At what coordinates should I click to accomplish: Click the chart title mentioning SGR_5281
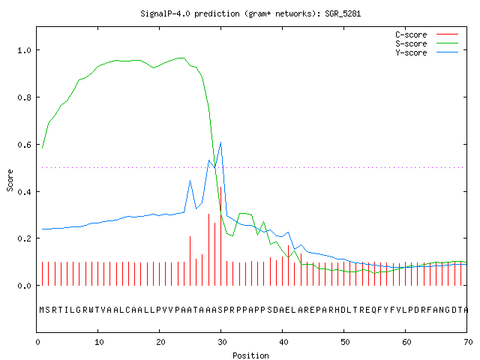click(x=250, y=13)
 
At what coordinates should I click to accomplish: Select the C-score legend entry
click(x=427, y=34)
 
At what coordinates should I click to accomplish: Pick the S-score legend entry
click(x=427, y=43)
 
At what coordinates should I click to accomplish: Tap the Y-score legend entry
click(x=427, y=52)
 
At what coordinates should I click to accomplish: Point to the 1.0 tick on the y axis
click(x=25, y=50)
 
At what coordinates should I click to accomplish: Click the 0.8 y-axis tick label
click(x=25, y=97)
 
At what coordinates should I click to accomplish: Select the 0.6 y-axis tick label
click(x=25, y=145)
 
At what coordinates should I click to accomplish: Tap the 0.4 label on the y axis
click(x=25, y=192)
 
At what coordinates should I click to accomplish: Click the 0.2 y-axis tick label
click(x=25, y=238)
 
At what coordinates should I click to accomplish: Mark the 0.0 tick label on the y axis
click(x=25, y=286)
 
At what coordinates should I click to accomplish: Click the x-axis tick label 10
click(x=99, y=342)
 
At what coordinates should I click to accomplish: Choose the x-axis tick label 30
click(x=222, y=342)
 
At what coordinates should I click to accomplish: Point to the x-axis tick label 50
click(x=345, y=342)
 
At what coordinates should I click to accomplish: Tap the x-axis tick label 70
click(x=468, y=342)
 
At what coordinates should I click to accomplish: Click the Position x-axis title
click(x=250, y=355)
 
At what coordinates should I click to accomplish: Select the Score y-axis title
click(x=10, y=180)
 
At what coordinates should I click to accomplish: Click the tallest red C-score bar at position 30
click(x=220, y=236)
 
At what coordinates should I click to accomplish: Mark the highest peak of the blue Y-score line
click(x=220, y=142)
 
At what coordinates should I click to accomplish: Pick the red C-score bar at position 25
click(x=190, y=261)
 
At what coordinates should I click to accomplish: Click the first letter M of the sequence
click(x=42, y=310)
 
